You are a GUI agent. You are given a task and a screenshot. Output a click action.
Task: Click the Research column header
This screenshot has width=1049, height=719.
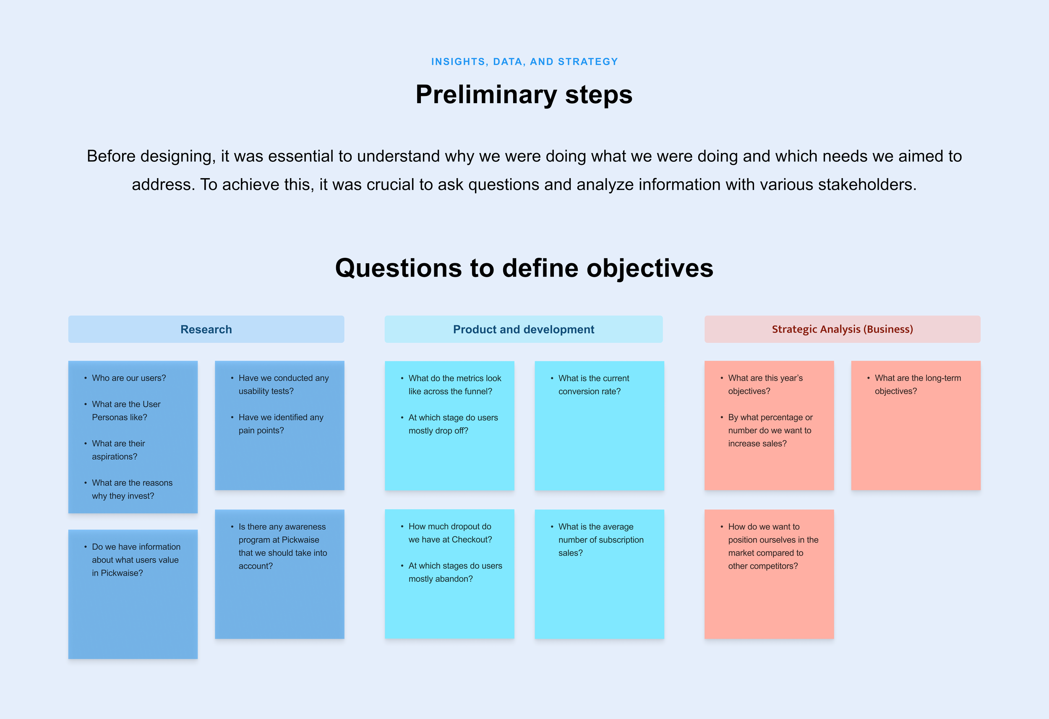206,329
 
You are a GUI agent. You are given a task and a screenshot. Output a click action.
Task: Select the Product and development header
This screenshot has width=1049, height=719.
523,329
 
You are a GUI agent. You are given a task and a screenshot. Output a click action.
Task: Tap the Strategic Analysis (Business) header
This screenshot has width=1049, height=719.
842,329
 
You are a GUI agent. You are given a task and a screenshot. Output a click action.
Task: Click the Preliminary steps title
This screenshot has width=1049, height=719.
524,95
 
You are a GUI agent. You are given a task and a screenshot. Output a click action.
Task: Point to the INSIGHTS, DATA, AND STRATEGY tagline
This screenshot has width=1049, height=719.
524,62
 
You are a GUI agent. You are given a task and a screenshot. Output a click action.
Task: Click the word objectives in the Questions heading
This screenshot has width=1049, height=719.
650,268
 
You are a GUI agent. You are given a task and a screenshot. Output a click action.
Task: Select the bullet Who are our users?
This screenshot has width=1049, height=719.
129,378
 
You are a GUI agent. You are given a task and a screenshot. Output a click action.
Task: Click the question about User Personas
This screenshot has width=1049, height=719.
126,410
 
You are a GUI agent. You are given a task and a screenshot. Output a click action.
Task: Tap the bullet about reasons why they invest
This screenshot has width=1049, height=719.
132,489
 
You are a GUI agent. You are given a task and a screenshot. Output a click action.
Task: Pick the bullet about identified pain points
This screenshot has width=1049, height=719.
280,423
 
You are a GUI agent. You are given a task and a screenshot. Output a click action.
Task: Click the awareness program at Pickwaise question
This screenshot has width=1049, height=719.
282,546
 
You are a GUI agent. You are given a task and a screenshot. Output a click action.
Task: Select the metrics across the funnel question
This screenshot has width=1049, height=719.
454,385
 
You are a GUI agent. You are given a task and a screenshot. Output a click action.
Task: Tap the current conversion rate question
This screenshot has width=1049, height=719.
593,385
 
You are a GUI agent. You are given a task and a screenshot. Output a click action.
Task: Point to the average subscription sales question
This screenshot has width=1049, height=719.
600,540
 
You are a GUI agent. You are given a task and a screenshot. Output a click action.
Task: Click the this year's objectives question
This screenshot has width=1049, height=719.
765,384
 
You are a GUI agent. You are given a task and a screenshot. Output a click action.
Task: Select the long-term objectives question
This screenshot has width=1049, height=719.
917,384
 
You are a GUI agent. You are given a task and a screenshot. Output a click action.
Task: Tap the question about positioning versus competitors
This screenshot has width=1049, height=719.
772,546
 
